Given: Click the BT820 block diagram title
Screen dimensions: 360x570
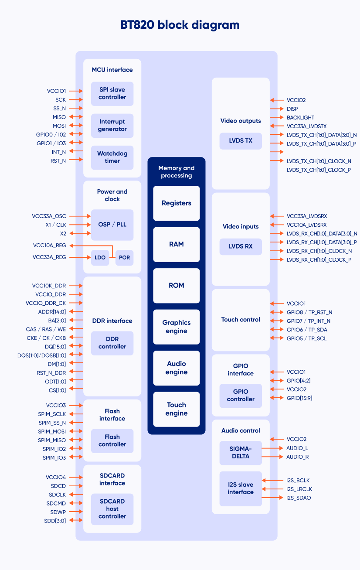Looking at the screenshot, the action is pyautogui.click(x=180, y=25).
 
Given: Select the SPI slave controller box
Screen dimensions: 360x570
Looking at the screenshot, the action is pyautogui.click(x=112, y=94).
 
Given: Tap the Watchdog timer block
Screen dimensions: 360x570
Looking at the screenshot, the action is pyautogui.click(x=112, y=157).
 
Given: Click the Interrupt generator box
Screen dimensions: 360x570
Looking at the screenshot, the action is pyautogui.click(x=112, y=126).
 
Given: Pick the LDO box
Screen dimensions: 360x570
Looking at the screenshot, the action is pyautogui.click(x=100, y=257).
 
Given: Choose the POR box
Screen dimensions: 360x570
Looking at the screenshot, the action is pyautogui.click(x=124, y=257).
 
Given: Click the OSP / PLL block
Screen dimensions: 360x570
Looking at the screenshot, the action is pyautogui.click(x=112, y=225).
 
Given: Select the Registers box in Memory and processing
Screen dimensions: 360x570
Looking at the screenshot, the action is pyautogui.click(x=177, y=203).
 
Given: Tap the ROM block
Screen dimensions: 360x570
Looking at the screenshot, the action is pyautogui.click(x=177, y=286).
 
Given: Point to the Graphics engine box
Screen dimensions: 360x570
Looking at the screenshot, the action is pyautogui.click(x=177, y=327).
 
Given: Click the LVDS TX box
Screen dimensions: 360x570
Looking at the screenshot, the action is pyautogui.click(x=241, y=141).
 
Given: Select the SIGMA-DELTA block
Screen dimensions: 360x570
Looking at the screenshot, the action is pyautogui.click(x=241, y=453).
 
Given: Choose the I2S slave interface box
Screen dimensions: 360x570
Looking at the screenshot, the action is pyautogui.click(x=241, y=488).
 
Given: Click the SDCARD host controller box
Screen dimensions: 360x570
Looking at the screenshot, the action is pyautogui.click(x=112, y=509).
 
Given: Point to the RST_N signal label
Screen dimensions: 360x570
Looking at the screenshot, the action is pyautogui.click(x=58, y=161).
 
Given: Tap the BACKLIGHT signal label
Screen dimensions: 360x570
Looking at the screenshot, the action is pyautogui.click(x=300, y=118).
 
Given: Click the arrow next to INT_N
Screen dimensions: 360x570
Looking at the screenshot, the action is pyautogui.click(x=76, y=151).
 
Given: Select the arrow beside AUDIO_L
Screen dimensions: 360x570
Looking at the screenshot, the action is pyautogui.click(x=272, y=448).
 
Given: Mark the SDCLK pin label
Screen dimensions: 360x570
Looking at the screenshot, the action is pyautogui.click(x=57, y=495).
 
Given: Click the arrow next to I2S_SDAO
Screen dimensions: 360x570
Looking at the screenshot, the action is pyautogui.click(x=272, y=498).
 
